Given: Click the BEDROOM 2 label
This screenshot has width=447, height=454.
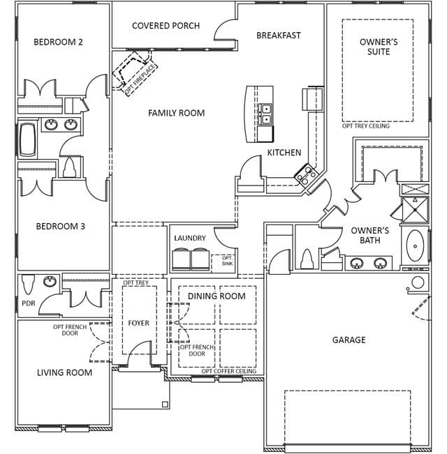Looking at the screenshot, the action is [x=58, y=42].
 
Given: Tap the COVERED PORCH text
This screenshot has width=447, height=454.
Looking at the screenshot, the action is [x=166, y=26].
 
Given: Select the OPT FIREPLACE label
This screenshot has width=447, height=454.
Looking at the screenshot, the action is [x=140, y=80].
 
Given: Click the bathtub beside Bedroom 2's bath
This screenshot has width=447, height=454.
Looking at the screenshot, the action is [x=28, y=139].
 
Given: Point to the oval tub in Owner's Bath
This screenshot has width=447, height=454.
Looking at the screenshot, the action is [x=415, y=245].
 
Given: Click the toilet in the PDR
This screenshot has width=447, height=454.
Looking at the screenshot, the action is [x=28, y=284].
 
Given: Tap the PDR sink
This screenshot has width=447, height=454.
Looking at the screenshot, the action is [x=50, y=281].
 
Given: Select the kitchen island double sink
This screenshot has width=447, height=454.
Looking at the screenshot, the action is [x=265, y=114].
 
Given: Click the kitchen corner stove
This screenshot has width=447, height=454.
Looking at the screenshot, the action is [x=306, y=174].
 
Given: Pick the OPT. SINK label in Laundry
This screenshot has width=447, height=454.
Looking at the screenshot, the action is [x=227, y=261].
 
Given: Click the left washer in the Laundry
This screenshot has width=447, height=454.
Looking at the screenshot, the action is [x=181, y=259].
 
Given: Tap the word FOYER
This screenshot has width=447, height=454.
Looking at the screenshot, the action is [x=138, y=323].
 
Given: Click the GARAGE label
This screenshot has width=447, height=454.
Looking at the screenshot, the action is [x=349, y=340].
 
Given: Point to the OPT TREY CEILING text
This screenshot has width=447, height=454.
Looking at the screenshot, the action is [x=366, y=126].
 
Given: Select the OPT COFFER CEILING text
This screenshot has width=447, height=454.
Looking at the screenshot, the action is [x=229, y=371].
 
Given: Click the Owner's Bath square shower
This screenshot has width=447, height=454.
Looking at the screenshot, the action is [x=415, y=210].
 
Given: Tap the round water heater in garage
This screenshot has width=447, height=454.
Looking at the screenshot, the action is [x=418, y=282].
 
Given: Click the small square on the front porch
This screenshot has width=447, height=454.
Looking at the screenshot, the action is [x=165, y=404].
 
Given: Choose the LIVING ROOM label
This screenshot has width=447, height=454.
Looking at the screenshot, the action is [x=65, y=372].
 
